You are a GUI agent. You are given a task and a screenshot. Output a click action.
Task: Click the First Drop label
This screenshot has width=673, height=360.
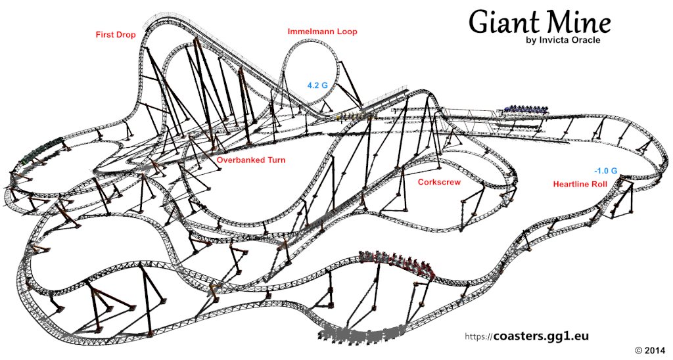click(116, 35)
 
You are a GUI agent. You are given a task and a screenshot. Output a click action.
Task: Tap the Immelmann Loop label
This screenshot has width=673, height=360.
click(322, 32)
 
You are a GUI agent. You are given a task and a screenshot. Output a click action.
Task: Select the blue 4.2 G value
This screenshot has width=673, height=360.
click(317, 85)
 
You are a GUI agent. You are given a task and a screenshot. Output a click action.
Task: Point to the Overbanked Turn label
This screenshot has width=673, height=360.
click(250, 160)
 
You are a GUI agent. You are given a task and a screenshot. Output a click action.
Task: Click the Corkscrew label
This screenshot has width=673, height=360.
click(439, 182)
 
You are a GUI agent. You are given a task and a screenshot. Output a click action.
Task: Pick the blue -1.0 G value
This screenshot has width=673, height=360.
click(605, 171)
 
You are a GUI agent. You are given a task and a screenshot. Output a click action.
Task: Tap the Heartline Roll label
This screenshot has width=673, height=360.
click(580, 184)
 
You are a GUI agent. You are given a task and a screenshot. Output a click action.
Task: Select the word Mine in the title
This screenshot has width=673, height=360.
click(578, 22)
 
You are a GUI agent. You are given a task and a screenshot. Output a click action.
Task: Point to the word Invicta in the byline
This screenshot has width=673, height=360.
click(551, 40)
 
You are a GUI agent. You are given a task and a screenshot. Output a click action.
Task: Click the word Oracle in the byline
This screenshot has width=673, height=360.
click(584, 40)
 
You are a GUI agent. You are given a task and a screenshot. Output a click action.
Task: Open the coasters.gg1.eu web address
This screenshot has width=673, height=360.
click(541, 336)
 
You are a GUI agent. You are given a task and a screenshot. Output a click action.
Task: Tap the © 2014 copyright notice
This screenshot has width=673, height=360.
click(650, 350)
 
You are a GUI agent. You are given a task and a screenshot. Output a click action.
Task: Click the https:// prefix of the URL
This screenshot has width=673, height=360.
click(478, 337)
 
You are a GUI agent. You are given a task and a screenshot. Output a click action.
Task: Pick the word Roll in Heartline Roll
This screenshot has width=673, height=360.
click(599, 184)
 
